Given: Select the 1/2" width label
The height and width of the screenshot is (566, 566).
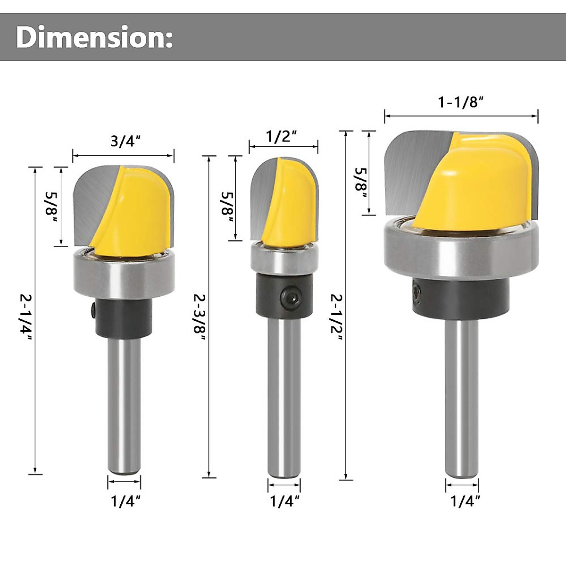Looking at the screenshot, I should pos(282,136).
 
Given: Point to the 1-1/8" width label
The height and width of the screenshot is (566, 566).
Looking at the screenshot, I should pos(461,102).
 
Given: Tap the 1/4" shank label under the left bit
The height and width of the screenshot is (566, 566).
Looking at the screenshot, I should pos(125,501).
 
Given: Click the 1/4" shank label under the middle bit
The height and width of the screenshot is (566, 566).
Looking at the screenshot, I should pos(284,501).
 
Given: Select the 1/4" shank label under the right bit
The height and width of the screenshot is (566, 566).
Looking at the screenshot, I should pos(465,501).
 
